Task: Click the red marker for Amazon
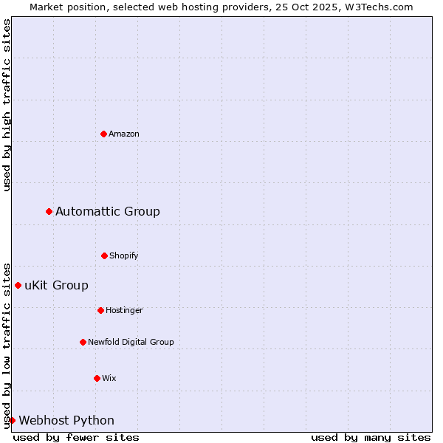[x=103, y=134]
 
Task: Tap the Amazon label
[x=124, y=134]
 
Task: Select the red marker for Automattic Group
[x=49, y=211]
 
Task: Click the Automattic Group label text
[x=108, y=212]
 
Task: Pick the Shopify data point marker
[x=104, y=255]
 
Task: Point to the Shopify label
[x=124, y=256]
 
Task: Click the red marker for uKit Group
[x=18, y=285]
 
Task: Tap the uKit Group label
[x=56, y=286]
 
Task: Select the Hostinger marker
[x=100, y=310]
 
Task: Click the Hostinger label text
[x=124, y=311]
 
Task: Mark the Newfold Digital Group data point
[x=83, y=342]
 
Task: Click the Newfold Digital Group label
[x=131, y=343]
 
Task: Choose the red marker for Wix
[x=97, y=378]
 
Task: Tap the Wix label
[x=109, y=379]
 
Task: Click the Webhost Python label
[x=66, y=421]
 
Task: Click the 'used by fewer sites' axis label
[x=76, y=437]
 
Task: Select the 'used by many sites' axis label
[x=371, y=437]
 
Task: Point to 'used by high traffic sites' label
[x=7, y=105]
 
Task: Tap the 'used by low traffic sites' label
[x=7, y=345]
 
